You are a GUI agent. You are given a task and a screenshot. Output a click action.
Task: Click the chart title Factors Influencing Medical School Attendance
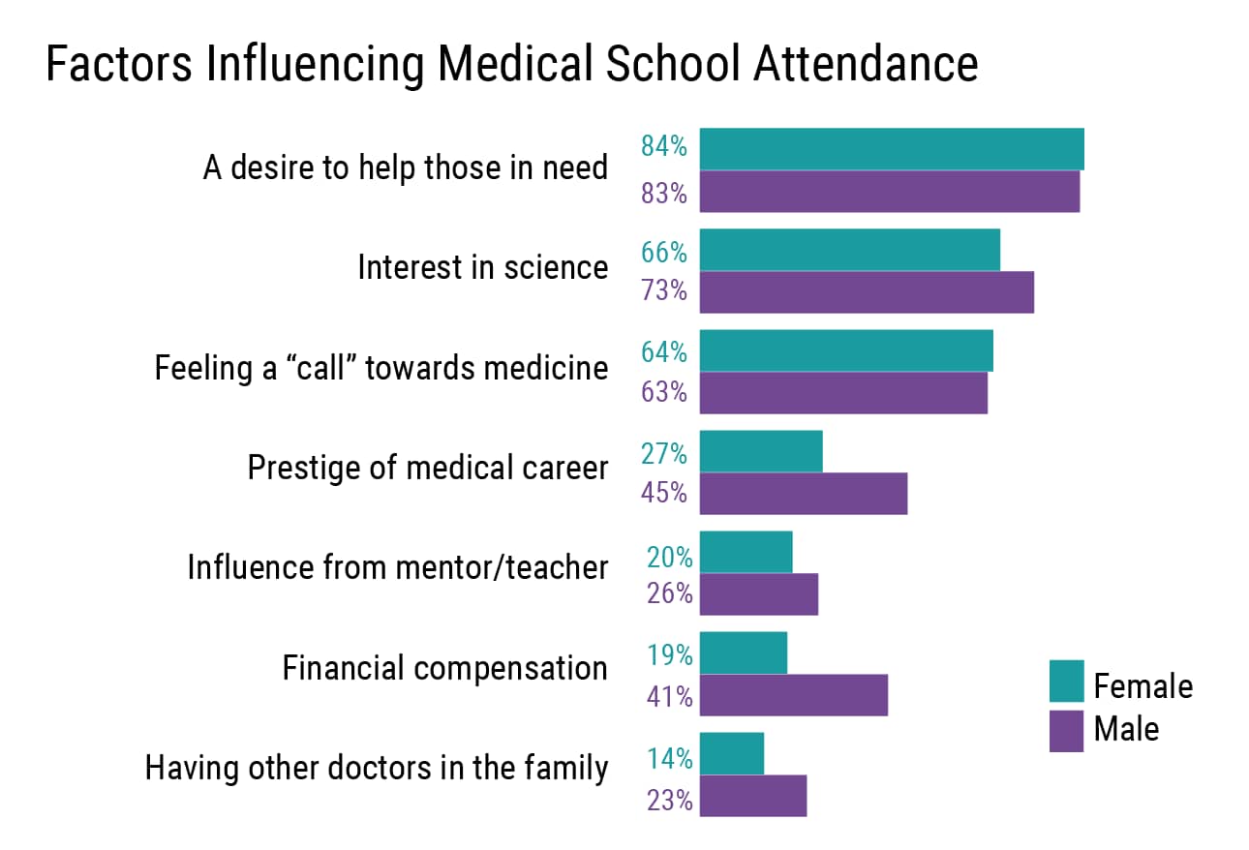[x=511, y=65]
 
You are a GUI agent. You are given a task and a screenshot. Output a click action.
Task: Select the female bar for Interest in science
[x=849, y=250]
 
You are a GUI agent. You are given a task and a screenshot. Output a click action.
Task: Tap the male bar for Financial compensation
[x=793, y=695]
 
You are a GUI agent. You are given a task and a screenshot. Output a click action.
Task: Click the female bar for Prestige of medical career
[x=761, y=451]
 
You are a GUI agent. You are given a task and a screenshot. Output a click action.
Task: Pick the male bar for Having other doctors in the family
[x=752, y=796]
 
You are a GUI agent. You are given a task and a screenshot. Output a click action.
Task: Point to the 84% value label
[x=664, y=148]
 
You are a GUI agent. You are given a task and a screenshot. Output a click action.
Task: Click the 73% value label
[x=664, y=289]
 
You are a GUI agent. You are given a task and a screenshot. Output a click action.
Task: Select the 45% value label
[x=664, y=493]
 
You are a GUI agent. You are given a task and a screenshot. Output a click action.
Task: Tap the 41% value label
[x=669, y=695]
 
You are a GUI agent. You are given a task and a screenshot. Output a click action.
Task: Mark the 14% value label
[x=669, y=759]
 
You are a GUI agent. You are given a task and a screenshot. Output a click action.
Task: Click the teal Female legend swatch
[x=1066, y=682]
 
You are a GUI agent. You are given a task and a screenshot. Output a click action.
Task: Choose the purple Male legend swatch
[x=1066, y=730]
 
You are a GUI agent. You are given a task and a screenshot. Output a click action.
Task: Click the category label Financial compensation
[x=444, y=668]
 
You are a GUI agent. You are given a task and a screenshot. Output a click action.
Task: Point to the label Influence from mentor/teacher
[x=397, y=567]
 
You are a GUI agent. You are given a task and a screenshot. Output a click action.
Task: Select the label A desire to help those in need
[x=405, y=168]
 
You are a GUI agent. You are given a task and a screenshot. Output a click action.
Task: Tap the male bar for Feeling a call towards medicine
[x=843, y=393]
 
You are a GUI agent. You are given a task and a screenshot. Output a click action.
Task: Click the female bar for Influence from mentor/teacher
[x=746, y=552]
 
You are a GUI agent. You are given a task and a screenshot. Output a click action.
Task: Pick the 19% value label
[x=669, y=655]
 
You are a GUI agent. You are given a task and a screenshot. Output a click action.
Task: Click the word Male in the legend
[x=1126, y=728]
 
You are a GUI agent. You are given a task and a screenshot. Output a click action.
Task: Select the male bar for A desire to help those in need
[x=889, y=192]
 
